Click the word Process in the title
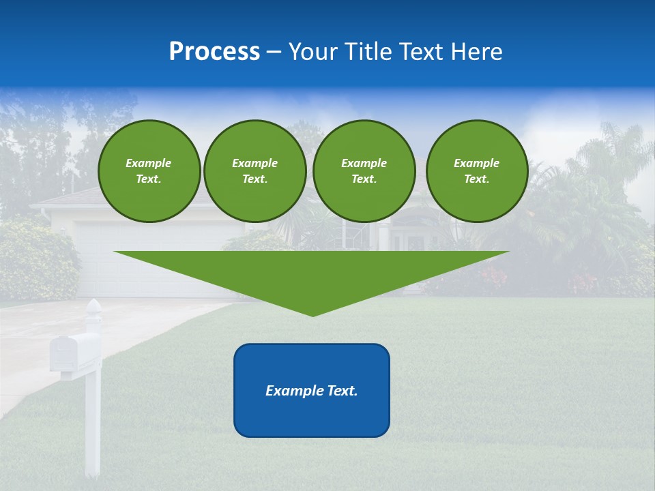(214, 52)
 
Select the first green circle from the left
(149, 171)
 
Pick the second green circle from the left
(255, 171)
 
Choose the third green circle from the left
(364, 171)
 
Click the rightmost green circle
(477, 171)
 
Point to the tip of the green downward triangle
(312, 315)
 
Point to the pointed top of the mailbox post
(93, 301)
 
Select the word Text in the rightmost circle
(476, 179)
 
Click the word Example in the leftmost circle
(149, 163)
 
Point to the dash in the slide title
(274, 52)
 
